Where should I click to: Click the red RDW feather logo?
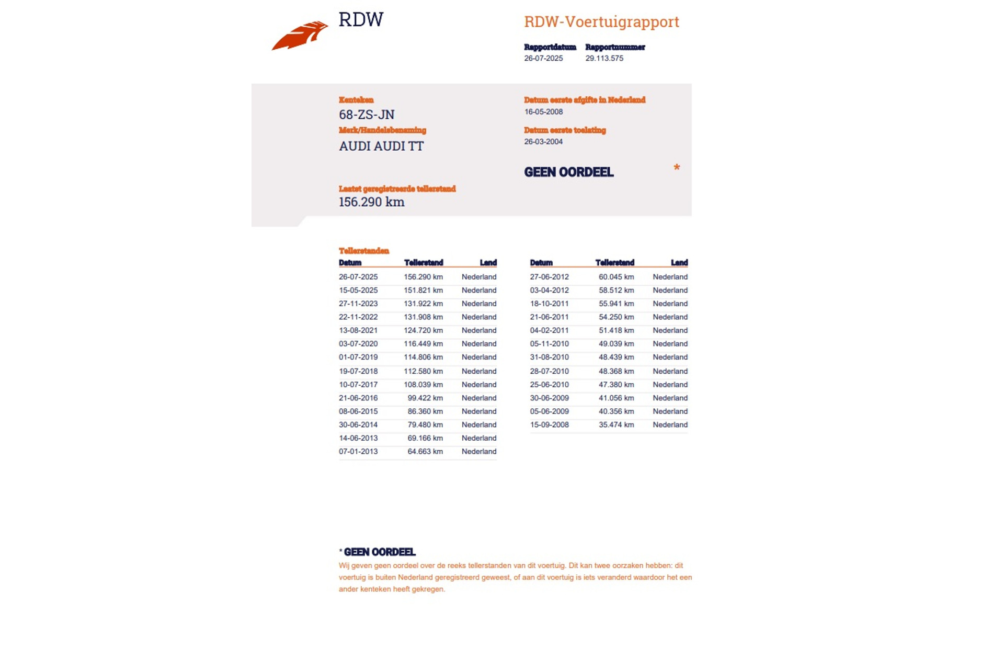(x=300, y=36)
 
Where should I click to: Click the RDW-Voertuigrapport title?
(x=601, y=22)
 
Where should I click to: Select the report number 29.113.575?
(x=604, y=58)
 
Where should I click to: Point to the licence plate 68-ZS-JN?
(x=367, y=115)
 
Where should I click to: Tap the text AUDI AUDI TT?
(x=381, y=146)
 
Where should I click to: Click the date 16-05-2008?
(x=543, y=111)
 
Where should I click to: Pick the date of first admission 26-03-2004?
(x=543, y=141)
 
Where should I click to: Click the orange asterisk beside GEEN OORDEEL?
(x=677, y=167)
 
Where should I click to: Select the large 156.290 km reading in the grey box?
(x=371, y=202)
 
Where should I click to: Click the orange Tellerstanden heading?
(x=364, y=251)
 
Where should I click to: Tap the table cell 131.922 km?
(x=423, y=304)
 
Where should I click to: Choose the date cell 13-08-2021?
(x=358, y=330)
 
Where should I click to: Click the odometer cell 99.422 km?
(x=425, y=398)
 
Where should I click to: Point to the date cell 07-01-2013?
(x=358, y=451)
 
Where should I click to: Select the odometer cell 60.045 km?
(x=616, y=277)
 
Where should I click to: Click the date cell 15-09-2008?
(x=549, y=425)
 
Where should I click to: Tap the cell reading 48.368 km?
(x=616, y=371)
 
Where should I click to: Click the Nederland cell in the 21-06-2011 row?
(x=670, y=317)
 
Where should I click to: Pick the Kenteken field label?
(x=356, y=99)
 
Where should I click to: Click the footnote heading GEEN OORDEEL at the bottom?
(x=380, y=552)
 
